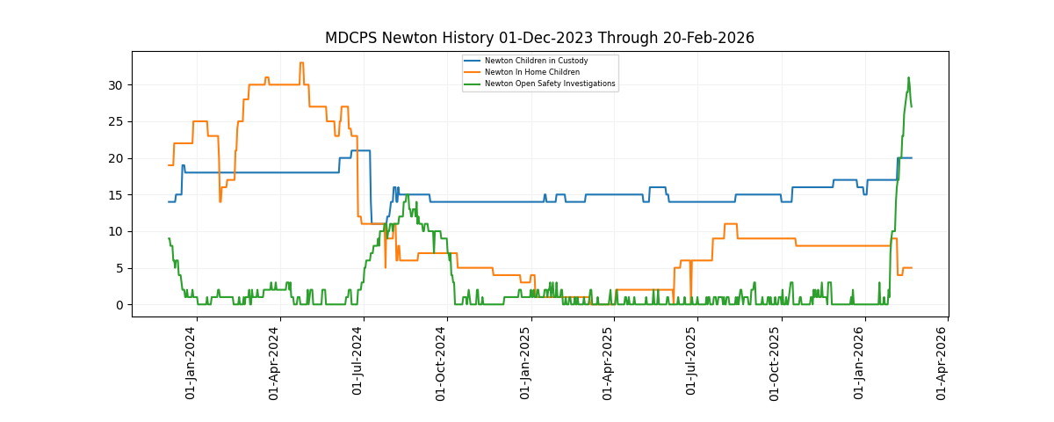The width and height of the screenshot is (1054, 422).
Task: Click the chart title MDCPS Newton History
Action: [x=539, y=38]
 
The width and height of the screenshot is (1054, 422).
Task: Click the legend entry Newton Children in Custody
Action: [x=536, y=61]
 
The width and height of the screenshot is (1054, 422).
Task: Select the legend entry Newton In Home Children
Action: [x=532, y=72]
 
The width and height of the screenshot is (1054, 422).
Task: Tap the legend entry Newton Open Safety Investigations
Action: [x=550, y=84]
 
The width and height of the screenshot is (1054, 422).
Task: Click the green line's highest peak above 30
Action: [x=908, y=77]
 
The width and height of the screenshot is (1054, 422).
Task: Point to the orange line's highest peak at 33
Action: [x=301, y=63]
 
